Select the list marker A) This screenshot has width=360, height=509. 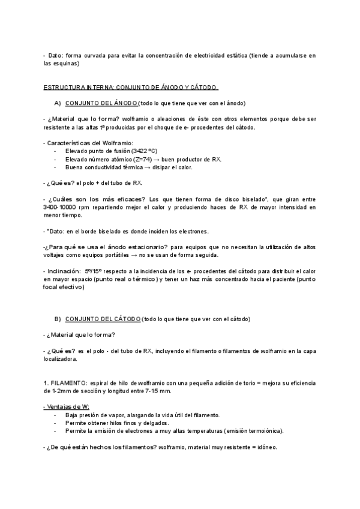pyautogui.click(x=58, y=103)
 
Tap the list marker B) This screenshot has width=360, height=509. pyautogui.click(x=58, y=319)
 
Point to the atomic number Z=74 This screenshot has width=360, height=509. pyautogui.click(x=147, y=159)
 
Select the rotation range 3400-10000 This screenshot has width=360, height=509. pyautogui.click(x=62, y=207)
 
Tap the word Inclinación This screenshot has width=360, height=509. pyautogui.click(x=64, y=270)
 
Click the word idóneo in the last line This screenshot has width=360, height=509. pyautogui.click(x=265, y=447)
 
